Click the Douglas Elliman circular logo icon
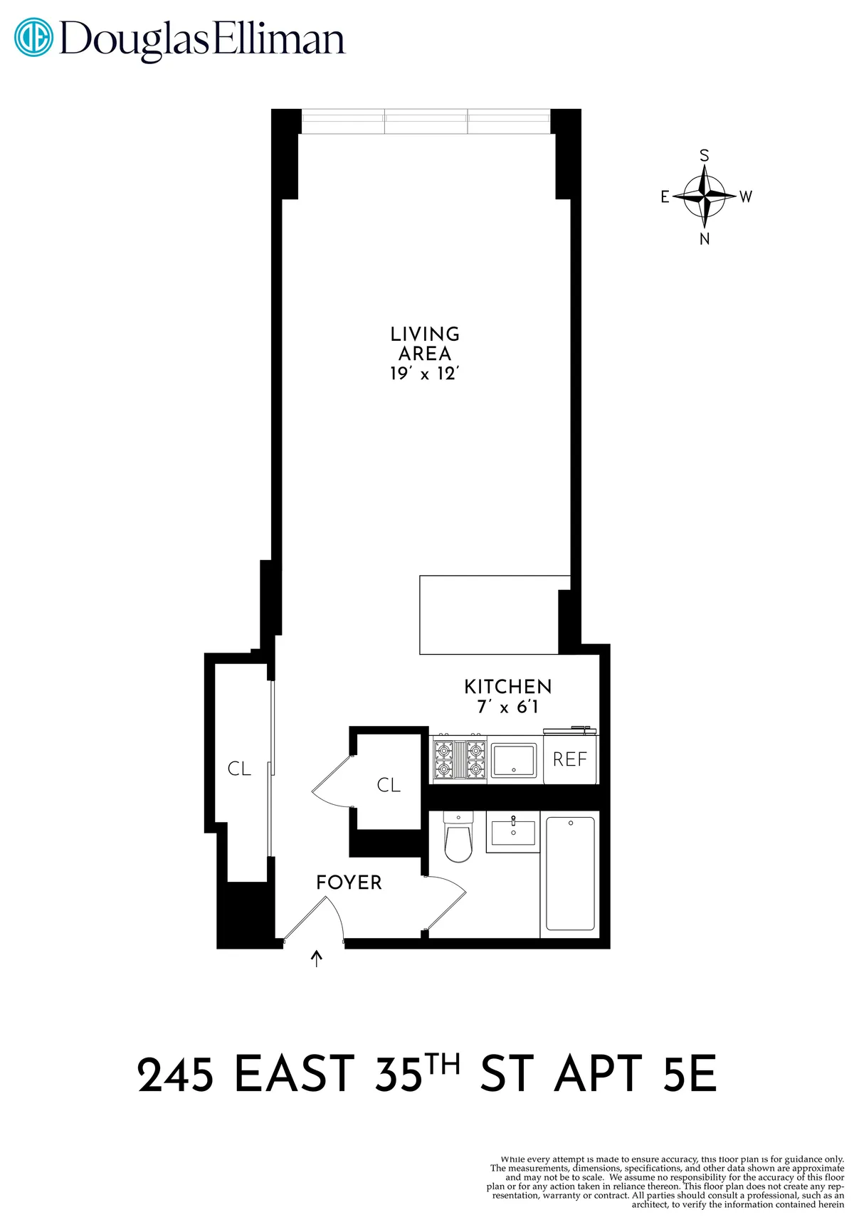point(33,37)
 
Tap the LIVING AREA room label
point(425,344)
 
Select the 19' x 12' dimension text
point(425,374)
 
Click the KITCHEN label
point(507,687)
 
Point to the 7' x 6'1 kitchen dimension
point(507,707)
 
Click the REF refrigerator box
point(570,759)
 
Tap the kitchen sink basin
point(514,760)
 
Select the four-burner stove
point(459,759)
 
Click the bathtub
point(570,873)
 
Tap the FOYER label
point(349,883)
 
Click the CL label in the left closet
point(239,769)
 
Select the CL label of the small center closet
point(389,785)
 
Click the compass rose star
point(705,195)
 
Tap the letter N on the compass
point(705,239)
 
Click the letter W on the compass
point(745,196)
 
